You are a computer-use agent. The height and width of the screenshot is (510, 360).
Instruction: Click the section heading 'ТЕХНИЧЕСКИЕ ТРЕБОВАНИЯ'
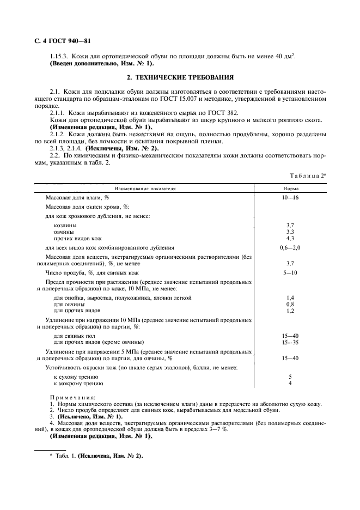180,77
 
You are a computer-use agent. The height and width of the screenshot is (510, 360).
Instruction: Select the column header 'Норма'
290,189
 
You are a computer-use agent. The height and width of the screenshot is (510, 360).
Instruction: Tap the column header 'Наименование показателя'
144,189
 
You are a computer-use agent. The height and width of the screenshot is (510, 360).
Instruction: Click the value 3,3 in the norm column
290,232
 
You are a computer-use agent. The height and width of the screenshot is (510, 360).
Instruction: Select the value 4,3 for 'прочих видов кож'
290,239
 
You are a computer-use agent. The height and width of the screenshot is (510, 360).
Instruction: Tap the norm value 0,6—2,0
290,247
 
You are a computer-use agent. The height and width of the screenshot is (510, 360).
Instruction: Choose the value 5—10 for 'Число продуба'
290,272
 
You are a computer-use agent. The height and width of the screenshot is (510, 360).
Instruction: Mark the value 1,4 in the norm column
290,297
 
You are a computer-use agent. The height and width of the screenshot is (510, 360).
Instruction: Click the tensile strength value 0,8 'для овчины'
290,304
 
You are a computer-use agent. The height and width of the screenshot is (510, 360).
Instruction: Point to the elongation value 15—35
290,342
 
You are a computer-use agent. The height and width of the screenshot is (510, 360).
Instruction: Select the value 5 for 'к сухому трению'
290,377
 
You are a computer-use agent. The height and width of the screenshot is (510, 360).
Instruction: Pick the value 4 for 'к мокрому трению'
290,384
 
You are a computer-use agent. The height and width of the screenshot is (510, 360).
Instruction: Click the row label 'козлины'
65,225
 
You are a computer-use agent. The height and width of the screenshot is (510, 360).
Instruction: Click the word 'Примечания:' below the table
72,398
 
